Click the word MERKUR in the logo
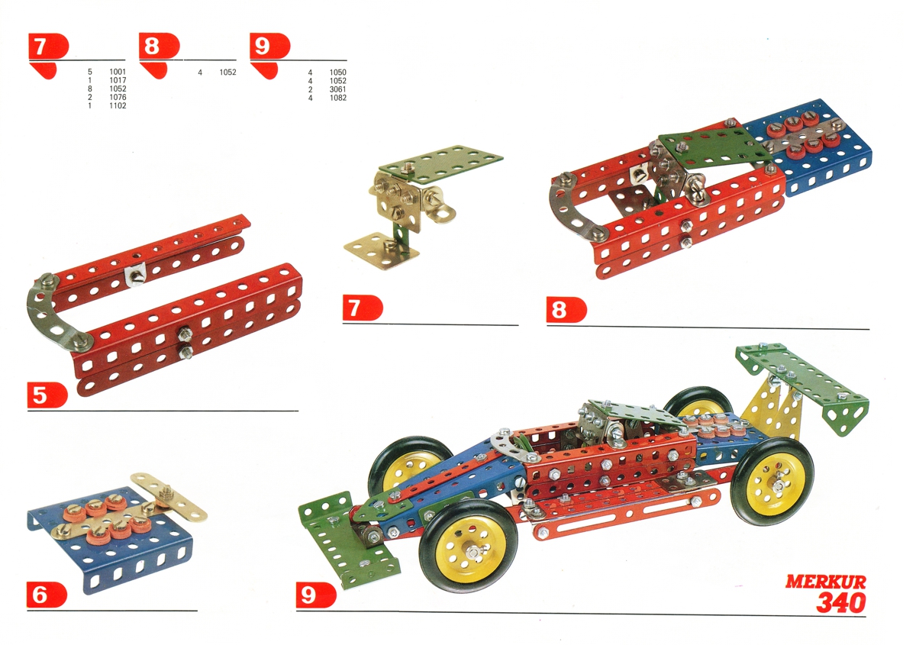point(825,582)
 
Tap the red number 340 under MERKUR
point(841,602)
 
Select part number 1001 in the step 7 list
point(118,72)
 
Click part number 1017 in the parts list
point(118,80)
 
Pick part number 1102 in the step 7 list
point(118,105)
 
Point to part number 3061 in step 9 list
point(337,89)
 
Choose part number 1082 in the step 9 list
point(337,98)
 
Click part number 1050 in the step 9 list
point(337,72)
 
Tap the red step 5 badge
point(47,395)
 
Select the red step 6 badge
point(47,595)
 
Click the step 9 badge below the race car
point(316,595)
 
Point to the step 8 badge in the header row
point(159,45)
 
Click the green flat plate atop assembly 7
point(442,163)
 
